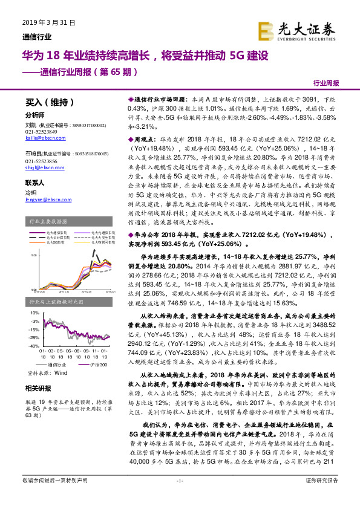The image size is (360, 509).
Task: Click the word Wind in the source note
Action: pyautogui.click(x=61, y=374)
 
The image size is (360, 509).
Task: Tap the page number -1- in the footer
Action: pyautogui.click(x=179, y=498)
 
